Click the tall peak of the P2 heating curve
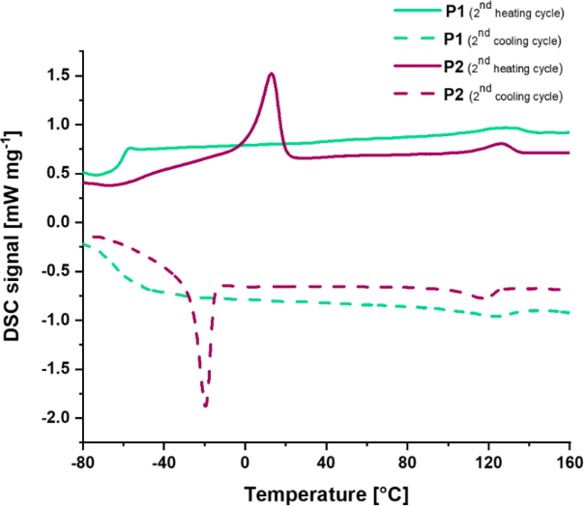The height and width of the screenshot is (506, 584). (272, 74)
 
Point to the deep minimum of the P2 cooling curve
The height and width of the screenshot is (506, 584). (205, 406)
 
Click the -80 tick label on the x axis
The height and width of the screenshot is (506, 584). (82, 461)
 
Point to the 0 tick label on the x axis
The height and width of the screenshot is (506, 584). (246, 461)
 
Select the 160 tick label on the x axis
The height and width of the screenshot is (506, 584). (569, 461)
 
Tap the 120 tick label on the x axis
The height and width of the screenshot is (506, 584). (488, 461)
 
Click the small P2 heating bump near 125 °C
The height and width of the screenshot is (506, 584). (501, 144)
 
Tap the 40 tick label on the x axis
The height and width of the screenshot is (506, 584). (327, 461)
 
